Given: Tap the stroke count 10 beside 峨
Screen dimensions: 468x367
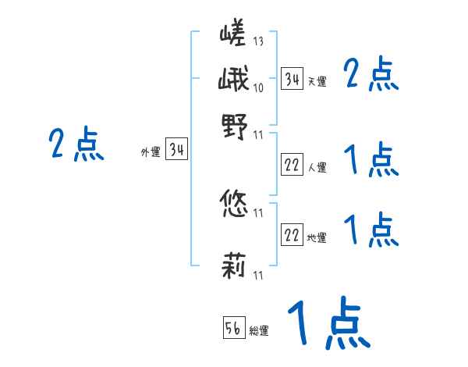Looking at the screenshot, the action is pyautogui.click(x=258, y=87).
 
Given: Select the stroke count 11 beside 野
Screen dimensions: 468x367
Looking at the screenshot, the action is pyautogui.click(x=258, y=135).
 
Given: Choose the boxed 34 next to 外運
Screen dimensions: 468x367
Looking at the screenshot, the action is pyautogui.click(x=177, y=151).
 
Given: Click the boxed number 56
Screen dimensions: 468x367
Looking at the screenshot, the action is pyautogui.click(x=233, y=328).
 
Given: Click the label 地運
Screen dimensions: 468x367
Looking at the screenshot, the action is pyautogui.click(x=317, y=238).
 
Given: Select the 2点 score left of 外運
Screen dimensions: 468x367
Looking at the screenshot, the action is pyautogui.click(x=76, y=144).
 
